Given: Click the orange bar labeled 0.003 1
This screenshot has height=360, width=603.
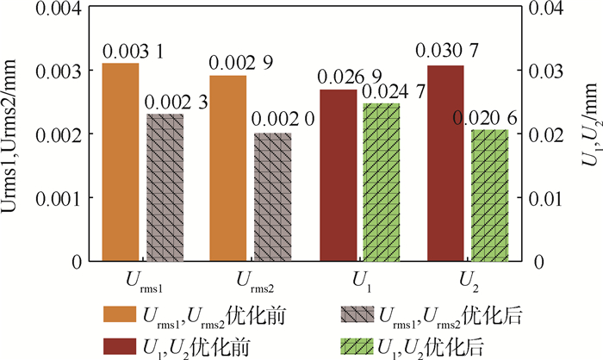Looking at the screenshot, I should coord(121,162).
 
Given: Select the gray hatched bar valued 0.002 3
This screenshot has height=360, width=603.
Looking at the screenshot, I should coord(165,187).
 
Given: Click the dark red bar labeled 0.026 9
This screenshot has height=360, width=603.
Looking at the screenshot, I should coord(337,175).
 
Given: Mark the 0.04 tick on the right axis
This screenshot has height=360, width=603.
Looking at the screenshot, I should coord(546,9).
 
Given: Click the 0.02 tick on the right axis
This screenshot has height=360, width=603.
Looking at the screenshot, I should coord(546,134).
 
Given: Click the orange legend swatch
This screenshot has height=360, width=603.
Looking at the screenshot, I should coord(121,313).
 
